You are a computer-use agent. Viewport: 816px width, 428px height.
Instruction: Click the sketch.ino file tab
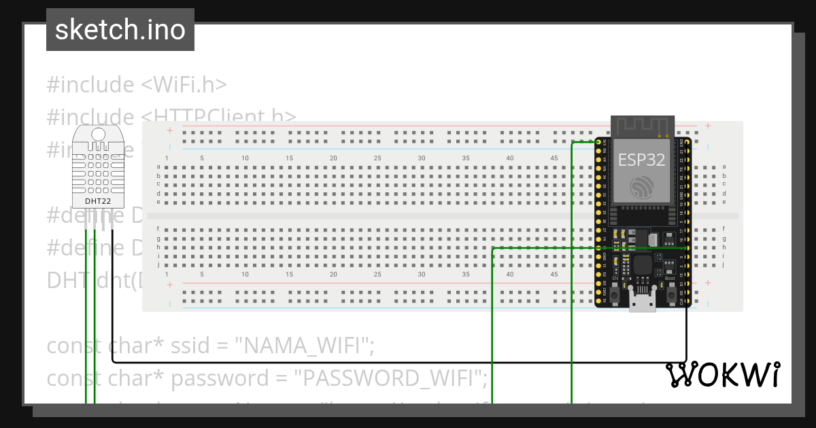coord(120,30)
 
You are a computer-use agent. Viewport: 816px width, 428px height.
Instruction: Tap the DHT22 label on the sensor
coord(99,201)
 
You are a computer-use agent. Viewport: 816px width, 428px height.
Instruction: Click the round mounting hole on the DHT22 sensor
coord(99,135)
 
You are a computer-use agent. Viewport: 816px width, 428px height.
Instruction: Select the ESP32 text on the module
coord(641,160)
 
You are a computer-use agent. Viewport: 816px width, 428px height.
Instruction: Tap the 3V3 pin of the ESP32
coord(599,142)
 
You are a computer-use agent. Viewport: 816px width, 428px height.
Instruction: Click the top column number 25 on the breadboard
coord(377,158)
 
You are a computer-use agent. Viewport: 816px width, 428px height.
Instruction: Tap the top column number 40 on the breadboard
coord(510,158)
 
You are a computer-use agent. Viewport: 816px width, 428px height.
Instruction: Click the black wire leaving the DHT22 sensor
coord(112,285)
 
